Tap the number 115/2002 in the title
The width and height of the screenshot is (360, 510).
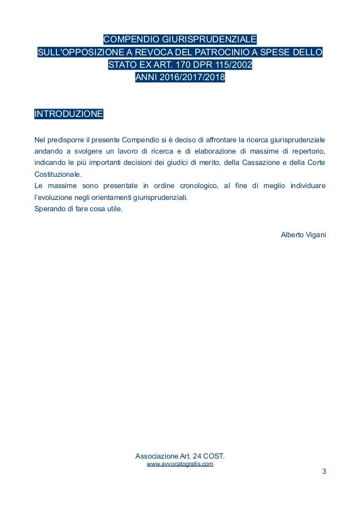[x=235, y=66]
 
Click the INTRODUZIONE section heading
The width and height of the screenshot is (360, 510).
[x=69, y=114]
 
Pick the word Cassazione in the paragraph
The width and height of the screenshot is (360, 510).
[x=264, y=163]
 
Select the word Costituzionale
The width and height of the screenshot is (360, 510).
[x=58, y=174]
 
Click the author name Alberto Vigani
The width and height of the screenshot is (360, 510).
[x=303, y=234]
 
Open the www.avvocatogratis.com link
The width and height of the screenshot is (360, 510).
[x=179, y=464]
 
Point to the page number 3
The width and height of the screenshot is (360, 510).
[x=324, y=472]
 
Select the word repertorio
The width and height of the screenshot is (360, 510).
[x=306, y=151]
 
